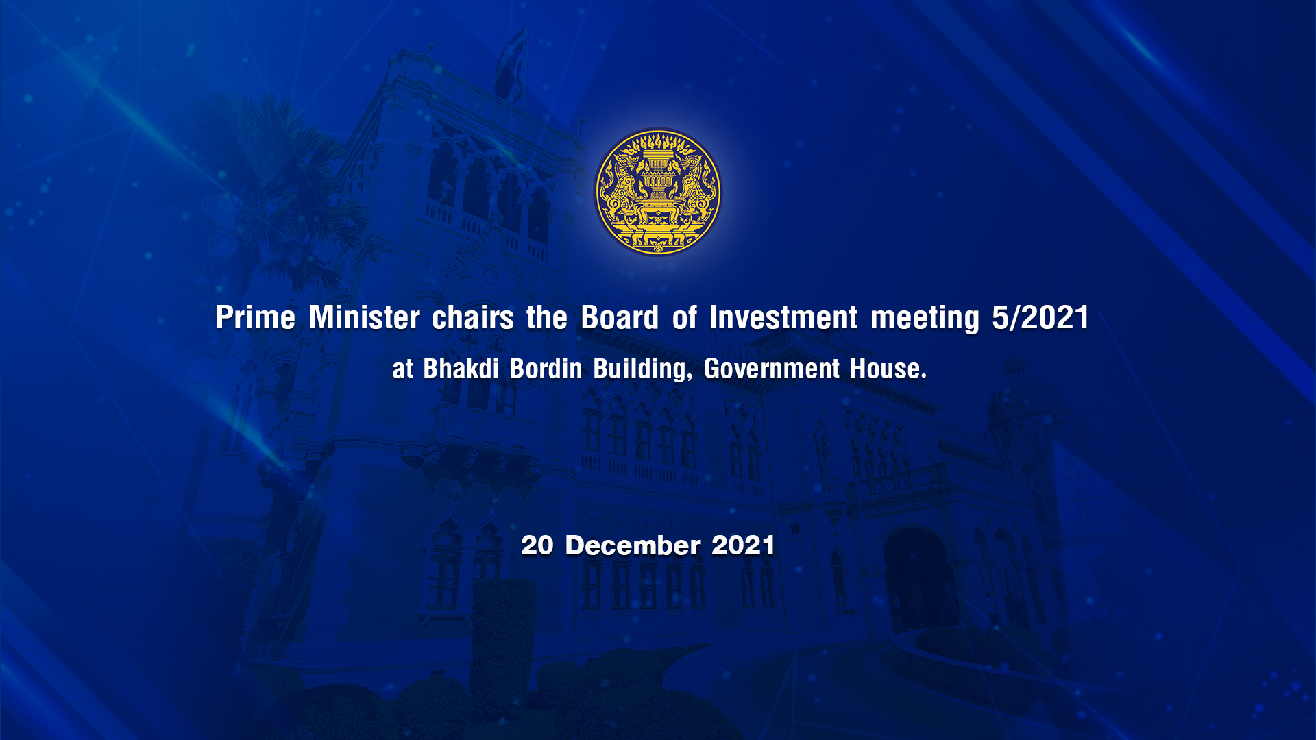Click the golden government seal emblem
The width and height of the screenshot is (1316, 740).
click(657, 192)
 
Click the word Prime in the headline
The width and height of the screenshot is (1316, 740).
click(256, 318)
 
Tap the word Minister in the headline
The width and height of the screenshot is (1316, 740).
click(365, 318)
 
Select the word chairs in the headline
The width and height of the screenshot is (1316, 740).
click(473, 318)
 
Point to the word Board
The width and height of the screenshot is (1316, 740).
click(620, 318)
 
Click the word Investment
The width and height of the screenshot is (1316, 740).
click(783, 318)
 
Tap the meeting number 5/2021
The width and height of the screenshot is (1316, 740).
click(1040, 318)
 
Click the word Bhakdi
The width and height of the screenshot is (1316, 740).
click(461, 369)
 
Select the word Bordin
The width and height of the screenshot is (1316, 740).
click(546, 369)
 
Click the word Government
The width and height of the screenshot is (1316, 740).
click(772, 369)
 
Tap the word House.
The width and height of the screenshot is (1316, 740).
click(888, 369)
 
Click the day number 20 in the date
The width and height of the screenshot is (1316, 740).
click(537, 545)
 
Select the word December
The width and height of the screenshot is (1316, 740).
click(633, 545)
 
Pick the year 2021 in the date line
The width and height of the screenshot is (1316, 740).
click(743, 545)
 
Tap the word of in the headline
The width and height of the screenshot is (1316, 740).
click(684, 318)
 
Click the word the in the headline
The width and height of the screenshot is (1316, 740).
click(547, 318)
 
